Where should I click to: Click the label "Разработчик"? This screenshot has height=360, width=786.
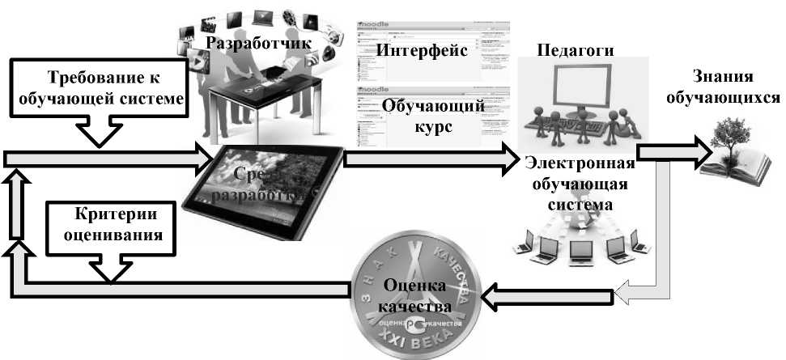tap(257, 43)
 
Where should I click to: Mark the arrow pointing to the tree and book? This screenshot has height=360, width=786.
tap(668, 153)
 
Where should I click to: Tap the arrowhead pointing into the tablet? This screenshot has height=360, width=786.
tap(202, 157)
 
